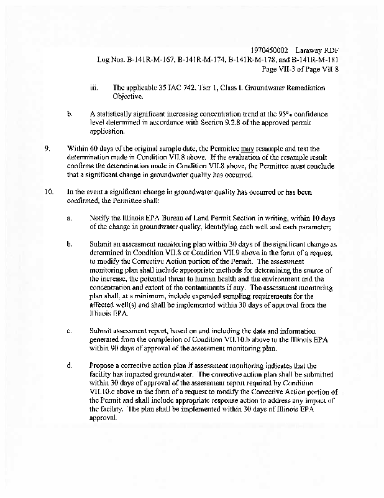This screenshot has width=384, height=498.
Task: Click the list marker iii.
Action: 94,88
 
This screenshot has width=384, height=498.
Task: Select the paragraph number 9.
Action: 47,149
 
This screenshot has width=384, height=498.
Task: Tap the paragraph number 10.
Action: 48,192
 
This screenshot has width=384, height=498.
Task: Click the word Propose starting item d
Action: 103,365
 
